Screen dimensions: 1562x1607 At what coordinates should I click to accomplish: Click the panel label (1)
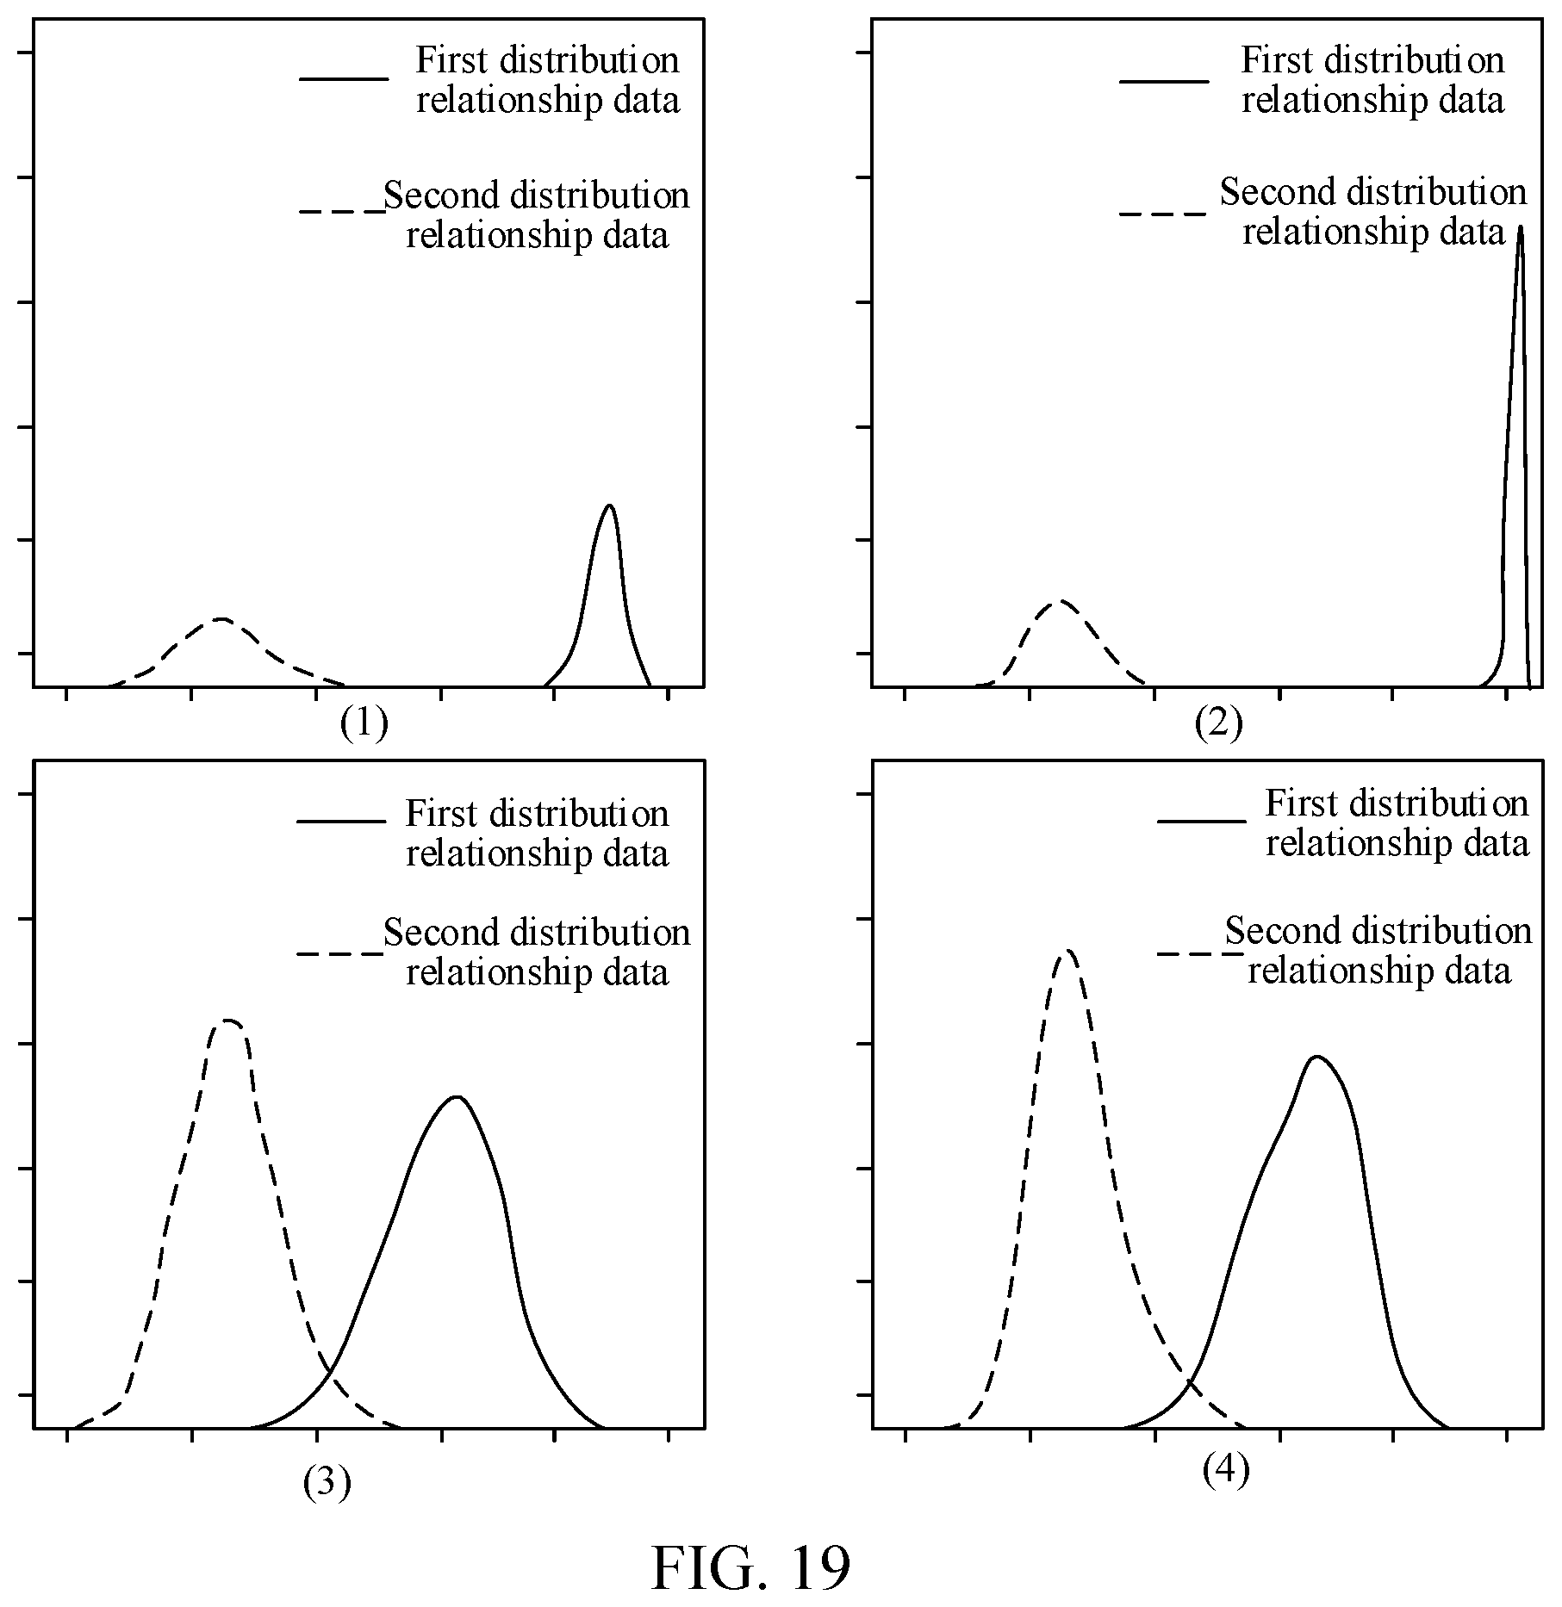pos(364,723)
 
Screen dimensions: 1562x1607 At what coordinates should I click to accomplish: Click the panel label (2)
pos(1218,723)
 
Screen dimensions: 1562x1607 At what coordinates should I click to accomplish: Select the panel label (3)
pos(327,1483)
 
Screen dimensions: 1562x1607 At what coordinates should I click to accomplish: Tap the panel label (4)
pos(1225,1471)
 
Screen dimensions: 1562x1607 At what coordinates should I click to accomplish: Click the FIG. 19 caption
pos(750,1567)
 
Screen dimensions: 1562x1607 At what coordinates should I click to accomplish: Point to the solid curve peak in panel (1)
pos(610,505)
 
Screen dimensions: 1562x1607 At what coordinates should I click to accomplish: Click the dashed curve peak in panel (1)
pos(221,618)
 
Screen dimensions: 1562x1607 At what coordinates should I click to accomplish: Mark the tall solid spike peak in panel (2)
pos(1520,226)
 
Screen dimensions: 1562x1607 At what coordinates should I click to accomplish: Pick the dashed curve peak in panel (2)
pos(1060,600)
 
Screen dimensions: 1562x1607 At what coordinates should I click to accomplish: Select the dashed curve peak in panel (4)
pos(1068,950)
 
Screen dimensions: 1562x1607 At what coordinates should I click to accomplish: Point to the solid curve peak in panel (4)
pos(1316,1056)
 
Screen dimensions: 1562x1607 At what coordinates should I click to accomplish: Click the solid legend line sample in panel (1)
pos(344,79)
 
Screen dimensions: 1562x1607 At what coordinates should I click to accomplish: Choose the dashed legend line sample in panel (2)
pos(1161,212)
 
